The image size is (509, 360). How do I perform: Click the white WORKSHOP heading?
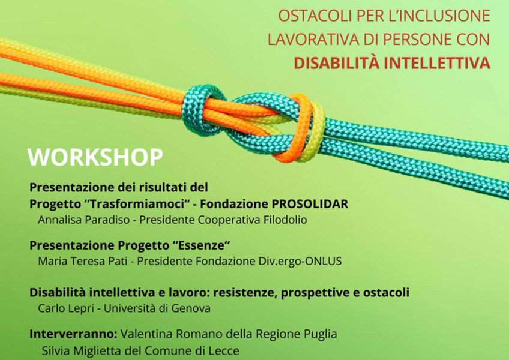95,157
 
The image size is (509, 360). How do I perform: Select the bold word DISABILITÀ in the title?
336,63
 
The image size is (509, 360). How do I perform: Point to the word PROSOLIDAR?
310,204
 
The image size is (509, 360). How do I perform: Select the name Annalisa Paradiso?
84,220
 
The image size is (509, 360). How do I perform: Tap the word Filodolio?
285,220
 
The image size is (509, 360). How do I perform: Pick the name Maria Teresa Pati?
83,261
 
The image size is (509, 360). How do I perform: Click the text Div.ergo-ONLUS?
300,261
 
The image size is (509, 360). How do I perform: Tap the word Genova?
191,308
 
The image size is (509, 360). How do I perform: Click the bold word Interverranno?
73,334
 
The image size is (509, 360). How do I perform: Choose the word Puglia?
320,334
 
